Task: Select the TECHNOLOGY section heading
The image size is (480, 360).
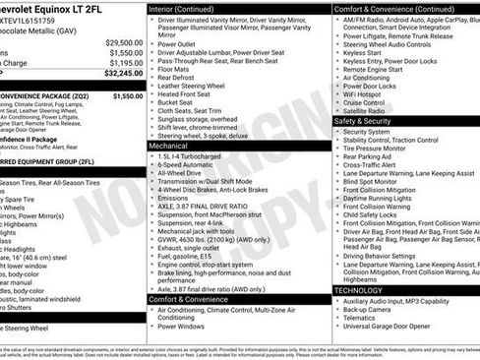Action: coord(359,290)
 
